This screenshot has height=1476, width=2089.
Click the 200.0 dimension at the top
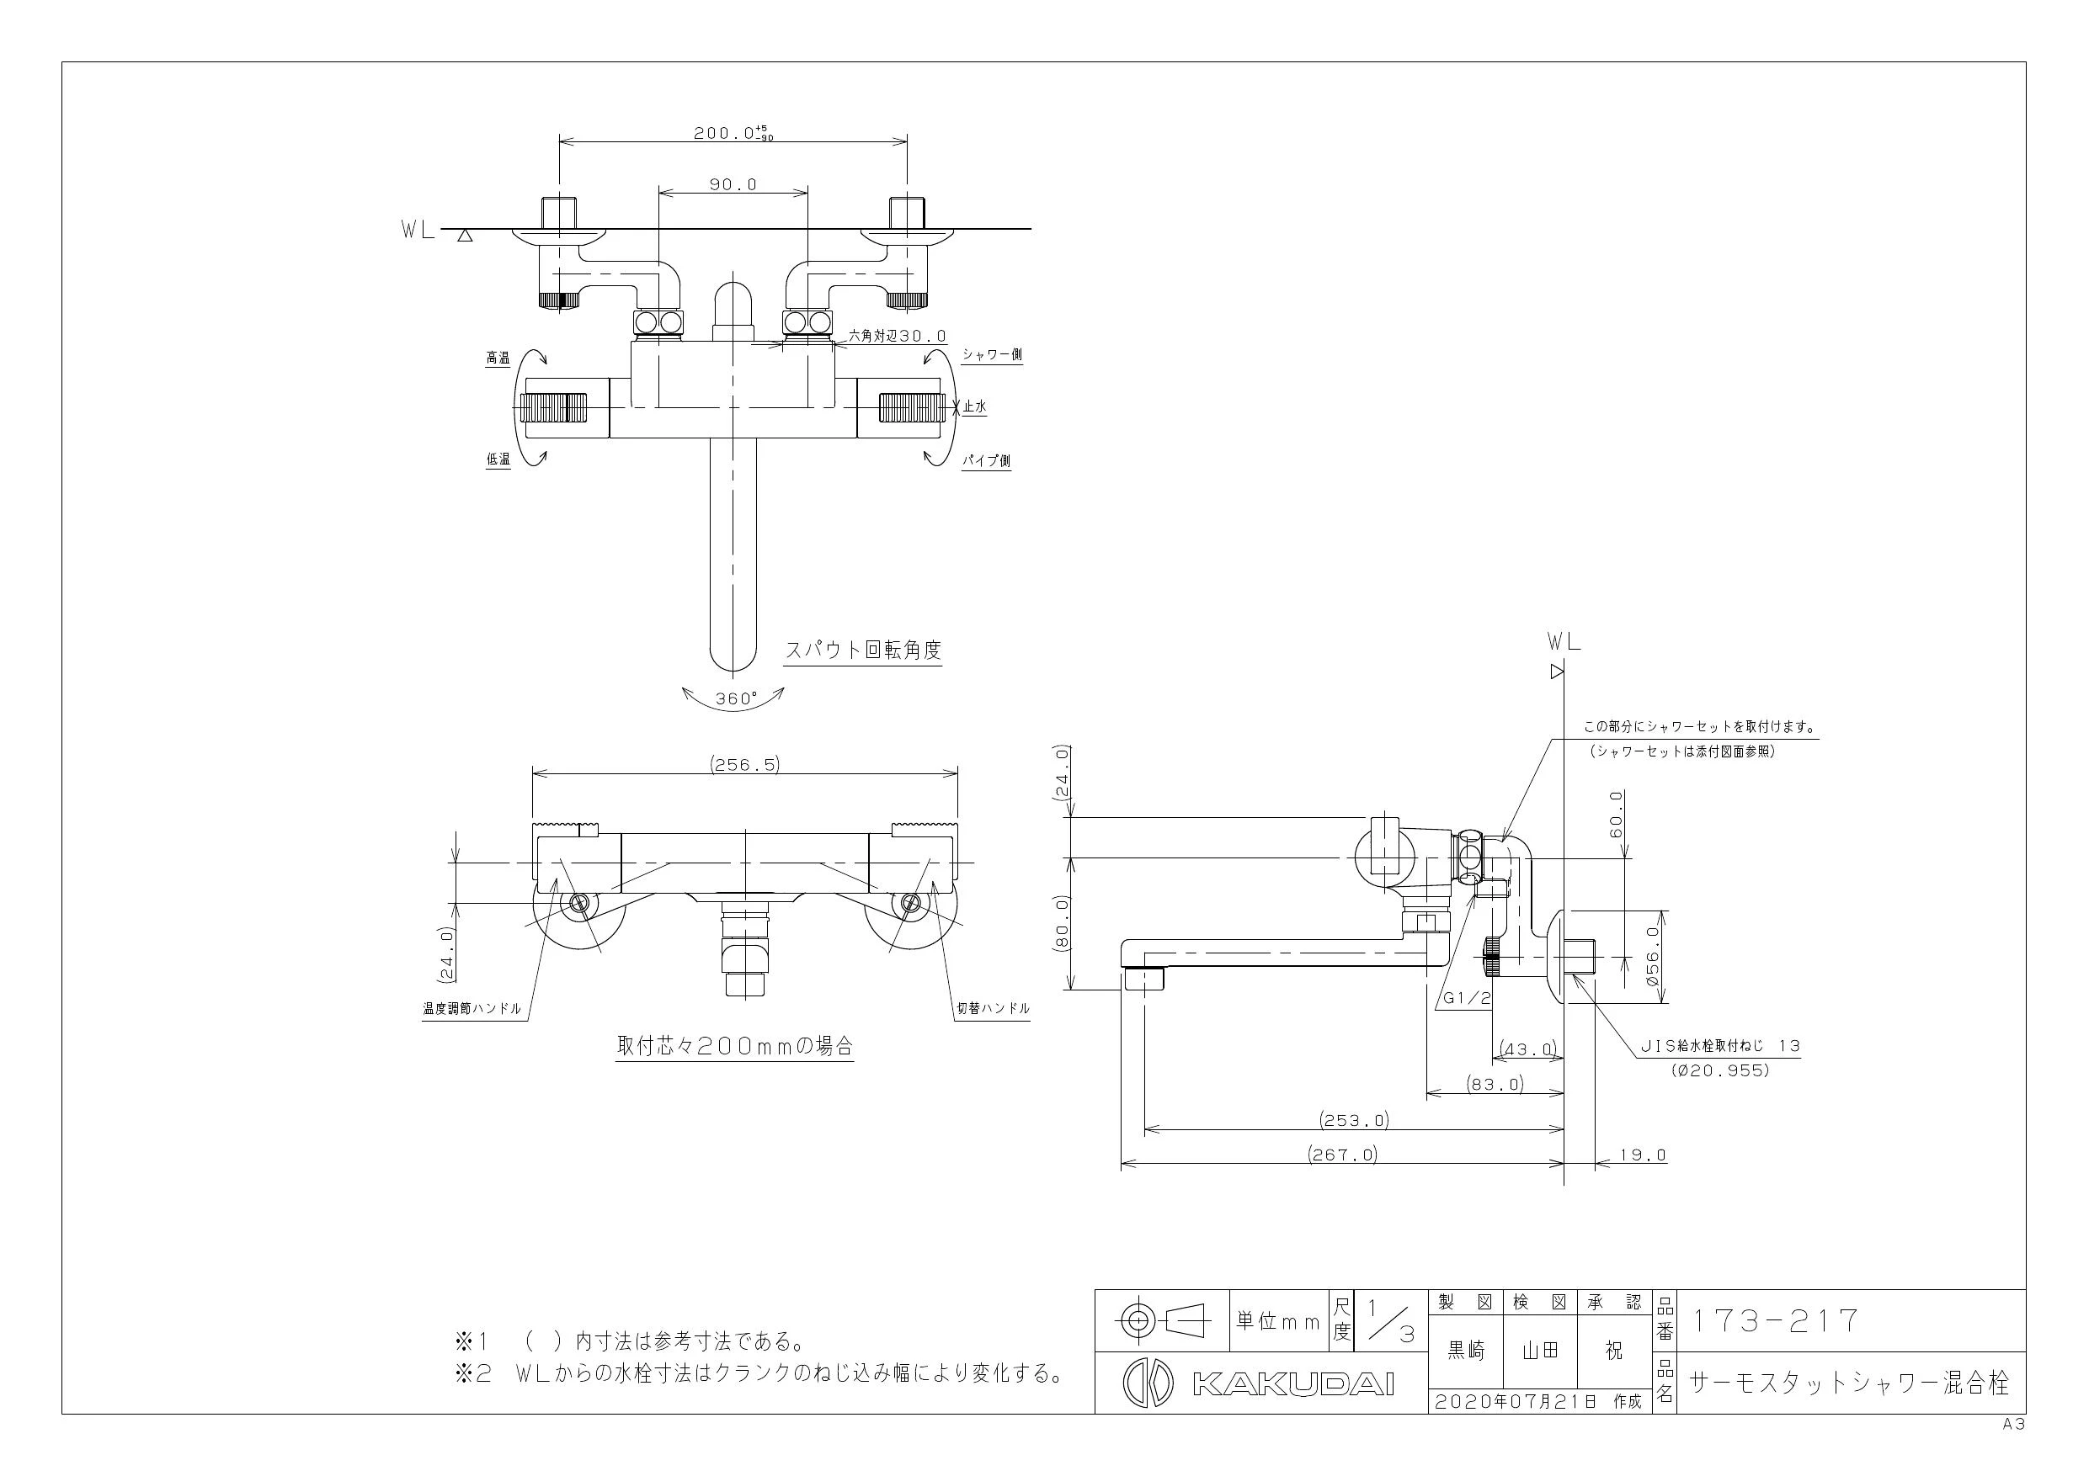733,133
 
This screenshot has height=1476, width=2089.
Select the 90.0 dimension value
733,184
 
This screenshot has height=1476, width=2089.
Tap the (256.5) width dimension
744,765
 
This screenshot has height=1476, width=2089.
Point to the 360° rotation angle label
735,698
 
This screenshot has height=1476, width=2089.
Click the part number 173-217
1773,1320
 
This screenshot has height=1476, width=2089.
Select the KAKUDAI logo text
1292,1383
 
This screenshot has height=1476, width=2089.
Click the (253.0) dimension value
1355,1120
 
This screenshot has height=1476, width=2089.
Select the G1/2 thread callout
1467,998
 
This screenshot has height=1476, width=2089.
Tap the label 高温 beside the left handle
498,358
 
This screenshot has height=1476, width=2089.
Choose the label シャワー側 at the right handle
992,354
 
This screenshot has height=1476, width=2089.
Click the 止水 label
973,407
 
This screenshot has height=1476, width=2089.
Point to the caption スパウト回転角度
862,650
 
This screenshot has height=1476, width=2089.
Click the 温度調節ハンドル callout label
472,1009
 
